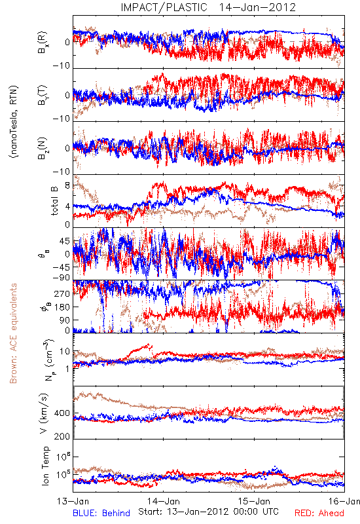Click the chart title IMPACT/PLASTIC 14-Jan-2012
[208, 7]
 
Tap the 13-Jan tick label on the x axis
[73, 501]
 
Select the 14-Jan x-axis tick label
[164, 501]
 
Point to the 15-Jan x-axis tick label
[254, 501]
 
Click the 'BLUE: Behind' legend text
[101, 513]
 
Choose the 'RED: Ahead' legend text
[319, 513]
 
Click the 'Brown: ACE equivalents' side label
[13, 333]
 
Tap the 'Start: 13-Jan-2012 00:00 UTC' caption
[208, 512]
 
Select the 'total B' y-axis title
[54, 201]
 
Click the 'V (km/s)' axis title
[45, 413]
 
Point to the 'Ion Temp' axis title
[45, 466]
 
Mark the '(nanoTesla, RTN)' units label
[14, 122]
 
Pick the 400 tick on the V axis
[62, 413]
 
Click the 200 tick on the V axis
[62, 436]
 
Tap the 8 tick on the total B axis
[67, 185]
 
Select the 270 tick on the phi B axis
[62, 293]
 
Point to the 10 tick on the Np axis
[65, 352]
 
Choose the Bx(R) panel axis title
[43, 43]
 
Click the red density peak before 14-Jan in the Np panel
[150, 345]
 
